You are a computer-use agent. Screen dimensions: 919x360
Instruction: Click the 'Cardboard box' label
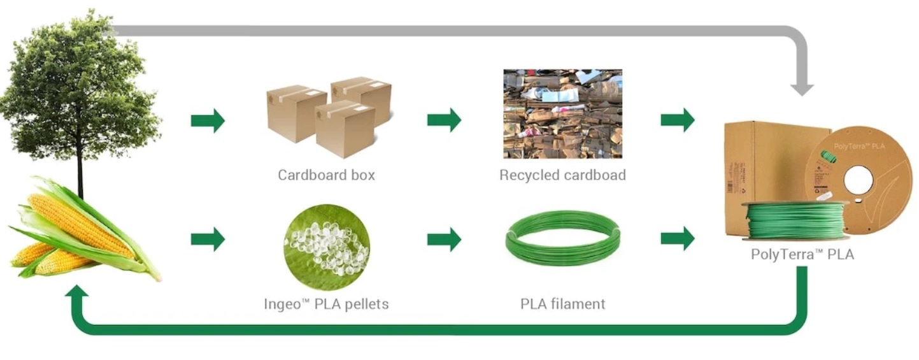point(326,175)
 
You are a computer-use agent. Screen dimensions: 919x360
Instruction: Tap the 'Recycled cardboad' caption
point(562,175)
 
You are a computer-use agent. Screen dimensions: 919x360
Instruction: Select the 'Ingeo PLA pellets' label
point(326,304)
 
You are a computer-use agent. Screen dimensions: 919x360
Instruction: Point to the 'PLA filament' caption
point(562,304)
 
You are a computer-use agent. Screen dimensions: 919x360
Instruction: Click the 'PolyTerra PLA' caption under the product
point(802,254)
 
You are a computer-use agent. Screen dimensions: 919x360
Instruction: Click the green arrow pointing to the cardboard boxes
point(208,120)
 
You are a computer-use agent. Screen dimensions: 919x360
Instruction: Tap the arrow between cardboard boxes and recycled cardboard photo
point(445,120)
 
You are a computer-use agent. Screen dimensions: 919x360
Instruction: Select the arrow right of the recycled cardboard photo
point(678,120)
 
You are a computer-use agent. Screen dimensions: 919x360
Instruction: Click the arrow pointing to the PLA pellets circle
point(208,239)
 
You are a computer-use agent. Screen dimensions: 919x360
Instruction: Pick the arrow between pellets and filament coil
point(445,239)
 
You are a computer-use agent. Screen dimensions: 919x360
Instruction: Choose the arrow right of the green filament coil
point(678,238)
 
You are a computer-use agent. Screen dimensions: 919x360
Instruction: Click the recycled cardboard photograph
point(563,113)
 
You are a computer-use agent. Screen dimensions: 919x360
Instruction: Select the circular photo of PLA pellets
point(327,247)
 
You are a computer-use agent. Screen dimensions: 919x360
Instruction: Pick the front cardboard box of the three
point(345,129)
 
